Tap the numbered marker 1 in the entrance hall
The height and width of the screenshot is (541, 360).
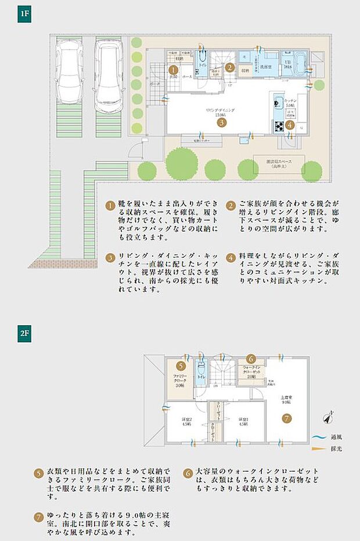click(172, 70)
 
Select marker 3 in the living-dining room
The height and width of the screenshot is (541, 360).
click(221, 122)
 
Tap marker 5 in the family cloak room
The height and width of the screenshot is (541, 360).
click(181, 366)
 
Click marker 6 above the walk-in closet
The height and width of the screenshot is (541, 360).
click(251, 359)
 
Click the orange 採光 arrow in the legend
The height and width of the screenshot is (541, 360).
click(317, 449)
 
